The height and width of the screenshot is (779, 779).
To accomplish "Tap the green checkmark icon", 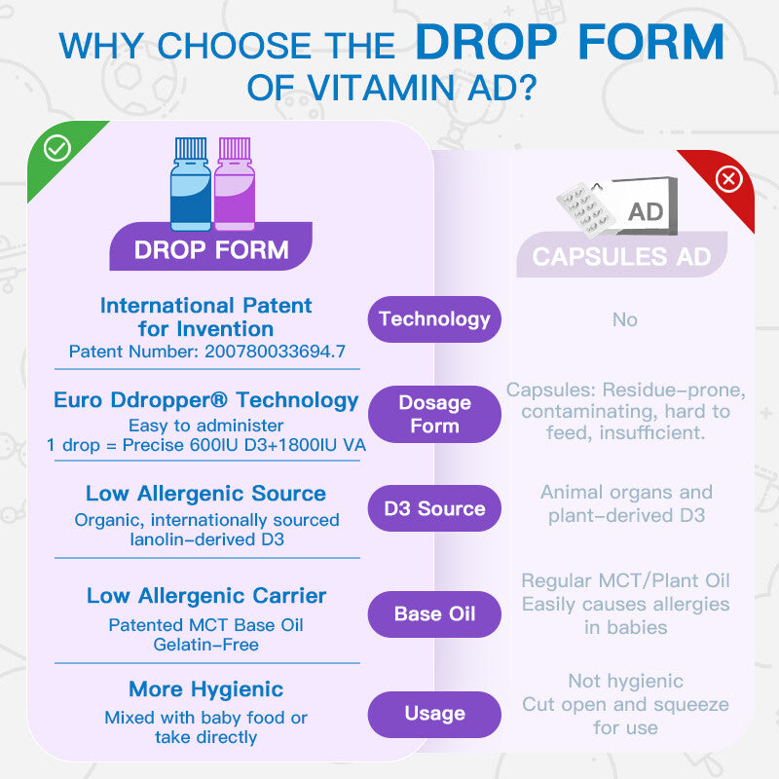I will point(57,148).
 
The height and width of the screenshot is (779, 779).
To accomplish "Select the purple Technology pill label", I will point(434,318).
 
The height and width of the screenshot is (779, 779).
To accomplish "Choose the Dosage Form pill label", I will point(434,414).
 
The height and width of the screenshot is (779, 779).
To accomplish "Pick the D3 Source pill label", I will point(434,508).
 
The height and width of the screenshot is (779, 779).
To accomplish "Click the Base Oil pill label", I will point(434,613).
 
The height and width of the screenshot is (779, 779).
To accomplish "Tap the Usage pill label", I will point(434,714).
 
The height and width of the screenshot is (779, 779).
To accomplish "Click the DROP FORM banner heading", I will point(211,249).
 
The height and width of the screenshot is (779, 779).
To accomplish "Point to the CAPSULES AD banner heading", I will point(621,258).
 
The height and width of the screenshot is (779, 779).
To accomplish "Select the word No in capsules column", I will point(624,319).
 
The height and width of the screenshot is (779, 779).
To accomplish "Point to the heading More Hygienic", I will point(205,690).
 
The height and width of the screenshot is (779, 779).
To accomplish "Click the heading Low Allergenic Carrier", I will point(205,596).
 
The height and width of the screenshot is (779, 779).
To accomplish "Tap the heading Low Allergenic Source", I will point(205,494).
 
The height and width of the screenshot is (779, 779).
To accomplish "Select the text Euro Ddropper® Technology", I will point(205,400).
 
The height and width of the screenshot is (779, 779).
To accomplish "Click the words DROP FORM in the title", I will point(571,43).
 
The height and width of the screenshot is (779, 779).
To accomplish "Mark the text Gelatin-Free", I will point(205,645).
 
